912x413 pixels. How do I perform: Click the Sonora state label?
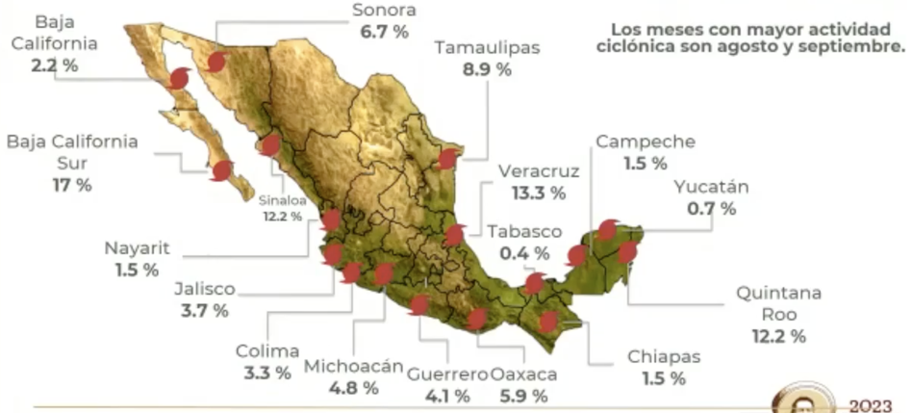click(x=383, y=11)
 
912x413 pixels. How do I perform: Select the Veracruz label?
click(x=539, y=171)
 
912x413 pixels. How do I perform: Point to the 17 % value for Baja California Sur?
click(x=72, y=184)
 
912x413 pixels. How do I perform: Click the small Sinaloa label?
click(x=280, y=201)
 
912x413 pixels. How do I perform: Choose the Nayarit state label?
click(x=137, y=248)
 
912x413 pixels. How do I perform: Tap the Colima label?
click(x=267, y=351)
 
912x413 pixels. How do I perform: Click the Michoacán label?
click(x=353, y=366)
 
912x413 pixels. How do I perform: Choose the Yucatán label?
click(x=711, y=187)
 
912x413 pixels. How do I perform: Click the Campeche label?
click(x=645, y=142)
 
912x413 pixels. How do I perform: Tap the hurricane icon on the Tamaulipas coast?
click(x=447, y=159)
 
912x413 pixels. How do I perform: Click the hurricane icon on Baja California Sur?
click(x=222, y=171)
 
